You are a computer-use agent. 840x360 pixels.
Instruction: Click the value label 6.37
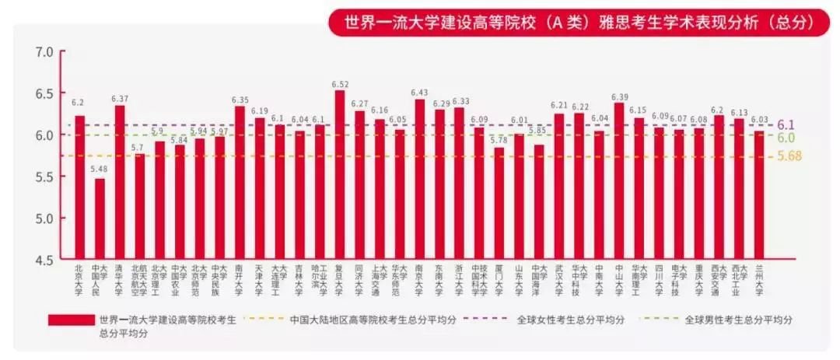pos(120,99)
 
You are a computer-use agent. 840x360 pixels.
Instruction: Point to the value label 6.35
pos(240,100)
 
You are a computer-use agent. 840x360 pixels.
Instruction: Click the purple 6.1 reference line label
pos(786,124)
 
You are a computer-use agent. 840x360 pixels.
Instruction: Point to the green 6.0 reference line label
pos(786,138)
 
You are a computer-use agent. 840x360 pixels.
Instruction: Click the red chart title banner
pos(572,22)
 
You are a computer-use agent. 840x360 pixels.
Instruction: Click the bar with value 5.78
pos(499,203)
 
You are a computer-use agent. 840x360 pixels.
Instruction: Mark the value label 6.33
pos(461,101)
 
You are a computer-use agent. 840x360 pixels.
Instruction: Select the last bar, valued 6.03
pos(760,194)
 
